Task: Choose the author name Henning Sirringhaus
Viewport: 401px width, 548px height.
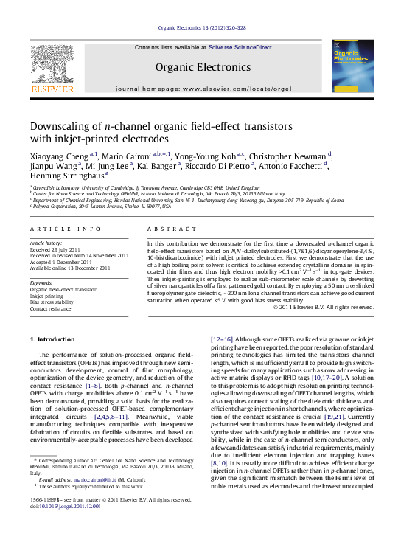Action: click(x=66, y=176)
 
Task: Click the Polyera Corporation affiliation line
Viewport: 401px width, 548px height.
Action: click(x=88, y=207)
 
